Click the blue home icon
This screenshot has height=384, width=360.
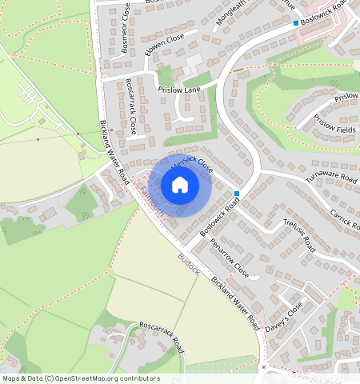click(180, 186)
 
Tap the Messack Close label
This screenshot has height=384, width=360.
click(191, 163)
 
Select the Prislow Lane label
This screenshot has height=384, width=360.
click(178, 90)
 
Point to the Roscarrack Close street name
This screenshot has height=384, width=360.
click(131, 106)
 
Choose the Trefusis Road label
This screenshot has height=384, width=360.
click(300, 237)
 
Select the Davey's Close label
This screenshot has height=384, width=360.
click(284, 317)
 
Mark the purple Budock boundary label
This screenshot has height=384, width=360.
click(189, 262)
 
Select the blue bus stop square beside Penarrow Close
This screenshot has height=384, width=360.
click(238, 194)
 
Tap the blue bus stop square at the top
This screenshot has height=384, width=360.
click(296, 23)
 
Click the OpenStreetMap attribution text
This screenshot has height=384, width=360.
click(80, 378)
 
